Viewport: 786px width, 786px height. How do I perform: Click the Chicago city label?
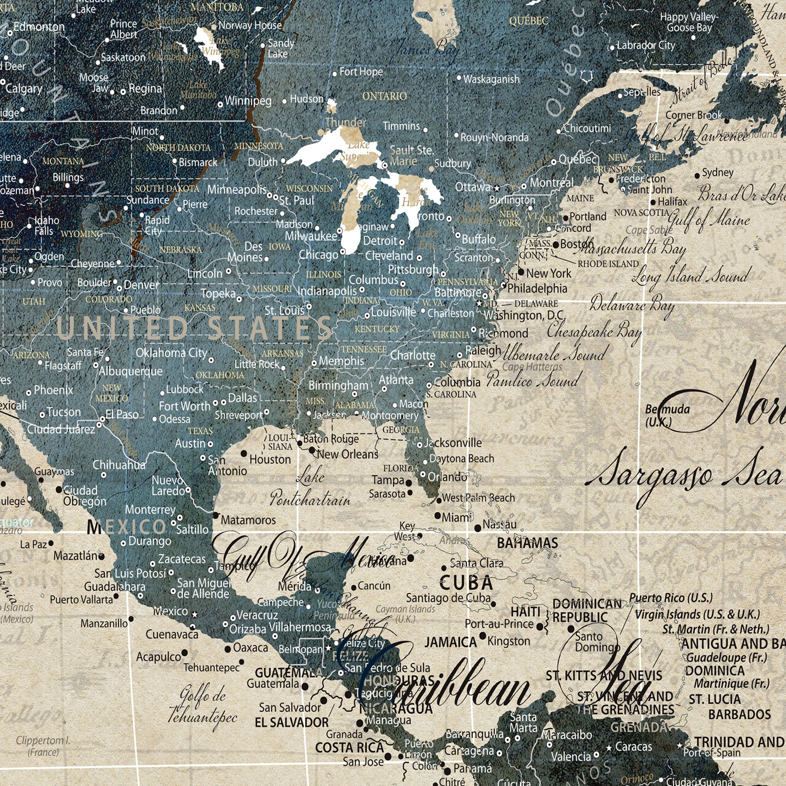319,255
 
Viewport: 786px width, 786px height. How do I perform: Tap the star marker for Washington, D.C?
479,303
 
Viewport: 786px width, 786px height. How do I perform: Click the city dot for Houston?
244,453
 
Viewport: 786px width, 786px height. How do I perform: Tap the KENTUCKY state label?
377,329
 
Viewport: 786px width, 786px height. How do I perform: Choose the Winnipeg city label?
248,101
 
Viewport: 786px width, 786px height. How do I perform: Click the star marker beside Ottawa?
496,188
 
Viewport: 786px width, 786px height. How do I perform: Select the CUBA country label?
466,583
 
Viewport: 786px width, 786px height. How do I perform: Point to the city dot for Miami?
438,516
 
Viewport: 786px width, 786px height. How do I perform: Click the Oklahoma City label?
171,353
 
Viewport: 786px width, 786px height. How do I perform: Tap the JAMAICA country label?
450,643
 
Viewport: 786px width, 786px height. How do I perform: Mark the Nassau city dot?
477,528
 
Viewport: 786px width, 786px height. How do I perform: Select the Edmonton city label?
39,27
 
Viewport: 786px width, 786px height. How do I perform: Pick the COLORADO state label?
108,299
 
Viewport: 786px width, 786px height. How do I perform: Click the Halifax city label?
672,201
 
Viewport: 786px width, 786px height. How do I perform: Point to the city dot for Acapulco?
184,652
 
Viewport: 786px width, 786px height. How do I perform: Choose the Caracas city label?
634,747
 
